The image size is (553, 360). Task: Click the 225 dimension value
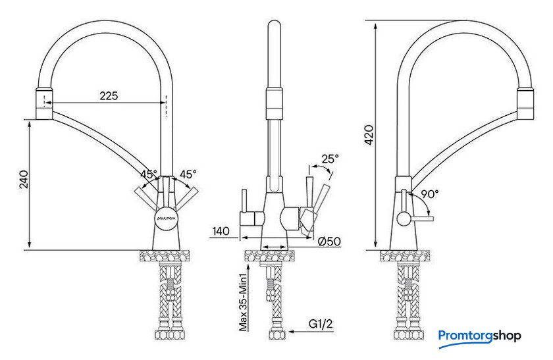109,95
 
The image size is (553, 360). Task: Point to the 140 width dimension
221,231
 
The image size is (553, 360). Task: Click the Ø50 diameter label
329,242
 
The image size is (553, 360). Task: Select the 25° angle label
330,159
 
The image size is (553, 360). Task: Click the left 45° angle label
149,174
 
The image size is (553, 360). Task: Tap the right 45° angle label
188,174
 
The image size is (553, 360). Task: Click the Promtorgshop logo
480,336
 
